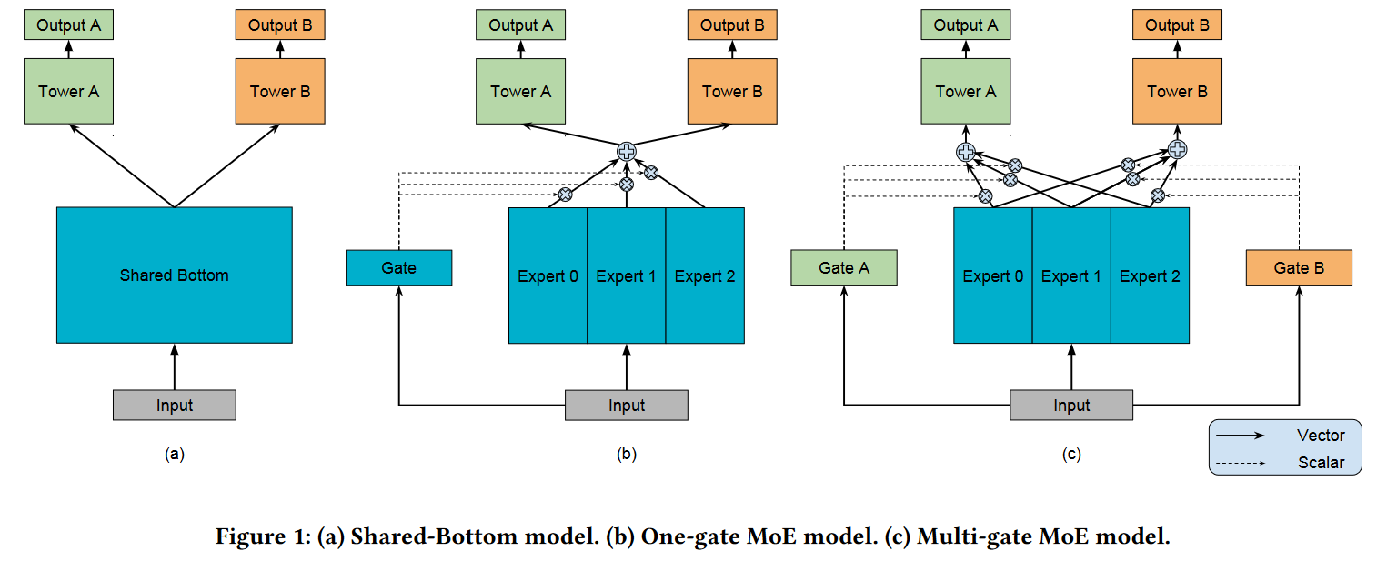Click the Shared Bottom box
[175, 275]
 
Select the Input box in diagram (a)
[175, 405]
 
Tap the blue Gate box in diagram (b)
[399, 267]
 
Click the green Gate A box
[844, 267]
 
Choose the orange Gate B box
[1299, 267]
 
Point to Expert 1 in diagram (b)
[627, 275]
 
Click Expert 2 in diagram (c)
[1151, 275]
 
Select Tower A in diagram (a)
[69, 91]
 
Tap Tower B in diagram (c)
[1177, 91]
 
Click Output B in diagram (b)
[732, 25]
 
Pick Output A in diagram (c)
[966, 25]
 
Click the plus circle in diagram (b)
[627, 151]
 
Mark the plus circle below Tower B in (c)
[1177, 149]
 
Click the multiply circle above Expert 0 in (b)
[565, 195]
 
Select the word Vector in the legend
[1321, 435]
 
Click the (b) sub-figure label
[627, 454]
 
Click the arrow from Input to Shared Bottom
[175, 366]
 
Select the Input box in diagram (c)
[1071, 405]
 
